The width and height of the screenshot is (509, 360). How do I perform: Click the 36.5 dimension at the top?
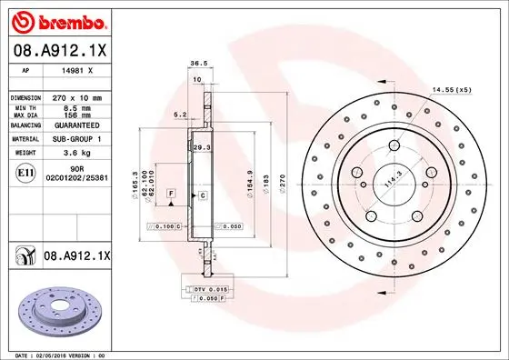194,64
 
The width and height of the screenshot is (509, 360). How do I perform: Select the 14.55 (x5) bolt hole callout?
452,89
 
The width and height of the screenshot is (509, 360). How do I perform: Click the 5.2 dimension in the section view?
180,115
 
